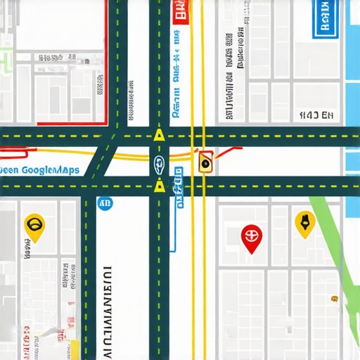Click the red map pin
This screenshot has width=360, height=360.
pos(250,237)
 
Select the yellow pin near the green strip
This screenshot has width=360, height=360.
pos(304,223)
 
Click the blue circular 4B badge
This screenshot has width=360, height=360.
pos(106,204)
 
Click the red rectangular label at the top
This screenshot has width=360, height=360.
pos(181,12)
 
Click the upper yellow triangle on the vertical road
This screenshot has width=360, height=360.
pos(160,134)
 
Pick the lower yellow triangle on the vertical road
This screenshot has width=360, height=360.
pos(160,186)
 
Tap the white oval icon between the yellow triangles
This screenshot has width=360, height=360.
pos(159,166)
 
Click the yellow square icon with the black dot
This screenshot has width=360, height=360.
pos(205,162)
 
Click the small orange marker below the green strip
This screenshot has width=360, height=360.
pos(335,299)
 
